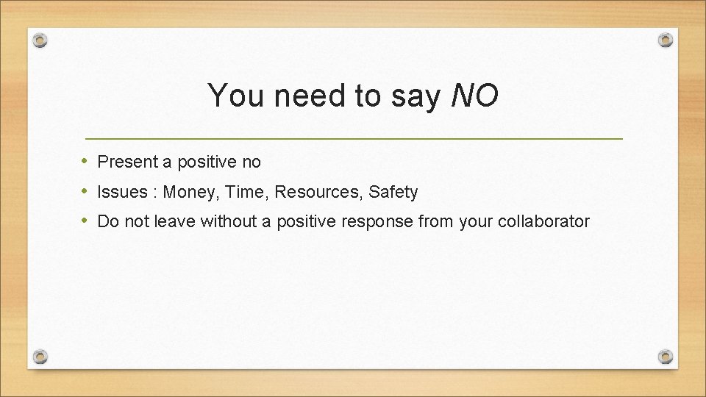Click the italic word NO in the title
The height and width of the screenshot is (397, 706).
tap(474, 96)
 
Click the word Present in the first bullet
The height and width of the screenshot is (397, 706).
tap(126, 161)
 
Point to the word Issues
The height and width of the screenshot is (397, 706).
tap(123, 193)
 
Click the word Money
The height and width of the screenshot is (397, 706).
tap(191, 193)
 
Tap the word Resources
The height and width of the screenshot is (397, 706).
tap(319, 193)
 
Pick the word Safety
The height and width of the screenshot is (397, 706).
tap(393, 193)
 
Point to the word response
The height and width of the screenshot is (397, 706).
tap(380, 221)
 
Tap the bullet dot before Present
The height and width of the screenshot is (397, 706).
tap(86, 161)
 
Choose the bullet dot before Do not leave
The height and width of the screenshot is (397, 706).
tap(86, 221)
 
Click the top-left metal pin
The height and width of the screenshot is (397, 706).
tap(41, 39)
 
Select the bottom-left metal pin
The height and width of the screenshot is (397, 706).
tap(41, 357)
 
